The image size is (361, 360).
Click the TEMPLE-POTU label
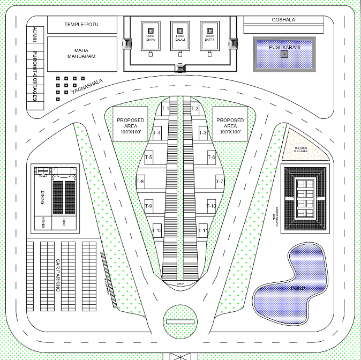[82, 24]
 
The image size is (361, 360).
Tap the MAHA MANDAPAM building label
[81, 53]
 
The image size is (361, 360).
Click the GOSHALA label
[283, 20]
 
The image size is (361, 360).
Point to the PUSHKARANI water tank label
[284, 48]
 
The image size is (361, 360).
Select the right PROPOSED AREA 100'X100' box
[230, 124]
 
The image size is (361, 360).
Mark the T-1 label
[165, 109]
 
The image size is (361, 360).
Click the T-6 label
[211, 157]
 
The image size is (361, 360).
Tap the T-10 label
[211, 206]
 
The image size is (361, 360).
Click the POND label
[298, 289]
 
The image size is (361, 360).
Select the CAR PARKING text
[57, 275]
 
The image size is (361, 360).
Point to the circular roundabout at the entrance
[180, 321]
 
